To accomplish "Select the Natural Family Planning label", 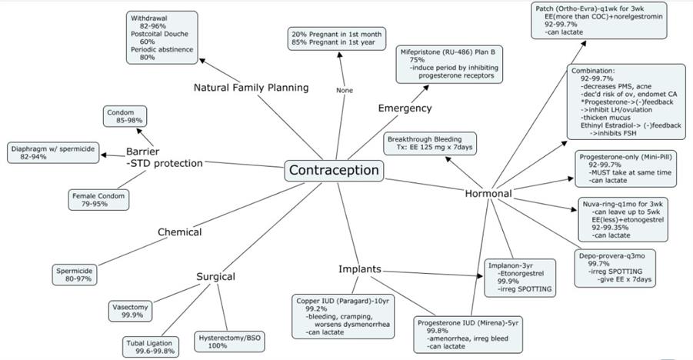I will [251, 88].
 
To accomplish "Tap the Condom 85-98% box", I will [125, 116].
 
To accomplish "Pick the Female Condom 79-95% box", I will [98, 199].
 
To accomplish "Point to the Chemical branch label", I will [180, 232].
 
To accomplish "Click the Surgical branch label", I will [215, 277].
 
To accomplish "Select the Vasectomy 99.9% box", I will [132, 310].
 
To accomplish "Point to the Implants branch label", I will [360, 269].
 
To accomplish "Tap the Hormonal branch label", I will [488, 194].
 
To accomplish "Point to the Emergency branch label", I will [405, 108].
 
